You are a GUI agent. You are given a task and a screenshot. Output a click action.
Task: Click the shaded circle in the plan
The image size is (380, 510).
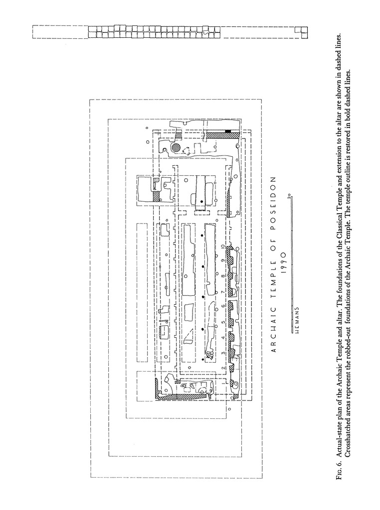[x=176, y=148]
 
